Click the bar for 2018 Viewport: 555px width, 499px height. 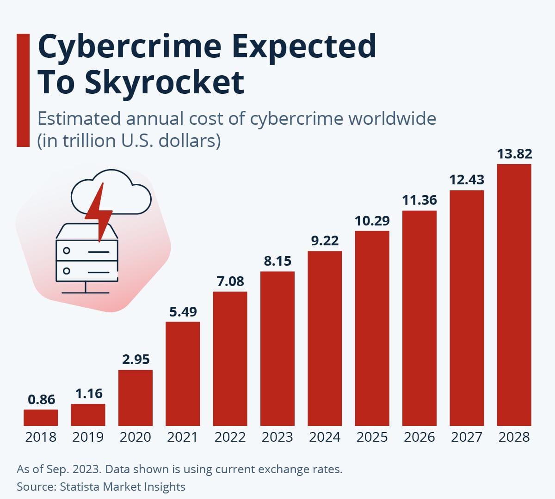pos(41,417)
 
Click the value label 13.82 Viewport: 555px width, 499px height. pos(514,153)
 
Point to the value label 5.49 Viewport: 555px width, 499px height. pos(183,312)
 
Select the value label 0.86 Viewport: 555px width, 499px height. pos(41,400)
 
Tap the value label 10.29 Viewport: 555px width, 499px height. pos(372,221)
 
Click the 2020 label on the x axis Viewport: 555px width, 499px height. pos(135,437)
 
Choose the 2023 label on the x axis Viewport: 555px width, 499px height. pos(277,437)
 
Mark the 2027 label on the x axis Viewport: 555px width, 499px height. pos(467,437)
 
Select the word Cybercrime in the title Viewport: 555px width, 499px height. pos(129,46)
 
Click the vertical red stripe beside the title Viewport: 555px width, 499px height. pos(23,90)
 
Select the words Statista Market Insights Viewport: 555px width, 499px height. pos(123,487)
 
